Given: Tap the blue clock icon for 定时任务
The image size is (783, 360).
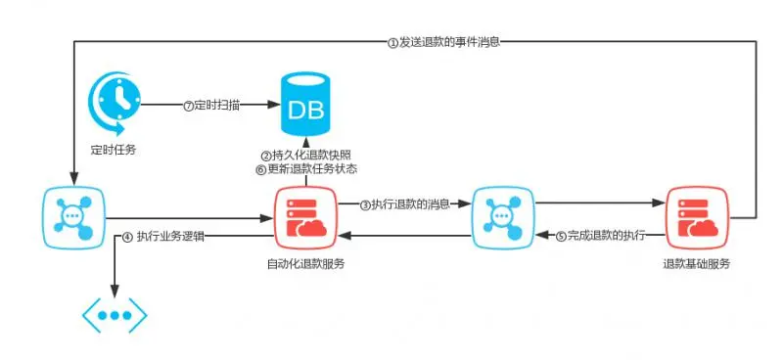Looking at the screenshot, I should pos(115,103).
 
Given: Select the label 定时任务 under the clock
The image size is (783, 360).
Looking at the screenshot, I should pos(113,151).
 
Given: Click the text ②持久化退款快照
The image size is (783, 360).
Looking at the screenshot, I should pos(305,156).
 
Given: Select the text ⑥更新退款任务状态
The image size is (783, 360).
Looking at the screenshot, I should pos(305,168).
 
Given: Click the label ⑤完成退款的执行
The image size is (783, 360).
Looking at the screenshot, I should pos(600,236).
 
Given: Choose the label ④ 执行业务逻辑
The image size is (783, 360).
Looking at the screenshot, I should pos(163,236).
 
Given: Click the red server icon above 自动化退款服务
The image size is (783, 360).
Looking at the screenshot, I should pos(304,216).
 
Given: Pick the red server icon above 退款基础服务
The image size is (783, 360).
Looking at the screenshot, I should pos(696,216).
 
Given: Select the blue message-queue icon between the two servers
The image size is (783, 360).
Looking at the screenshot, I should pos(500,216).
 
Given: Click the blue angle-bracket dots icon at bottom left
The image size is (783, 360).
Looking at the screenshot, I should pos(115,316).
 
